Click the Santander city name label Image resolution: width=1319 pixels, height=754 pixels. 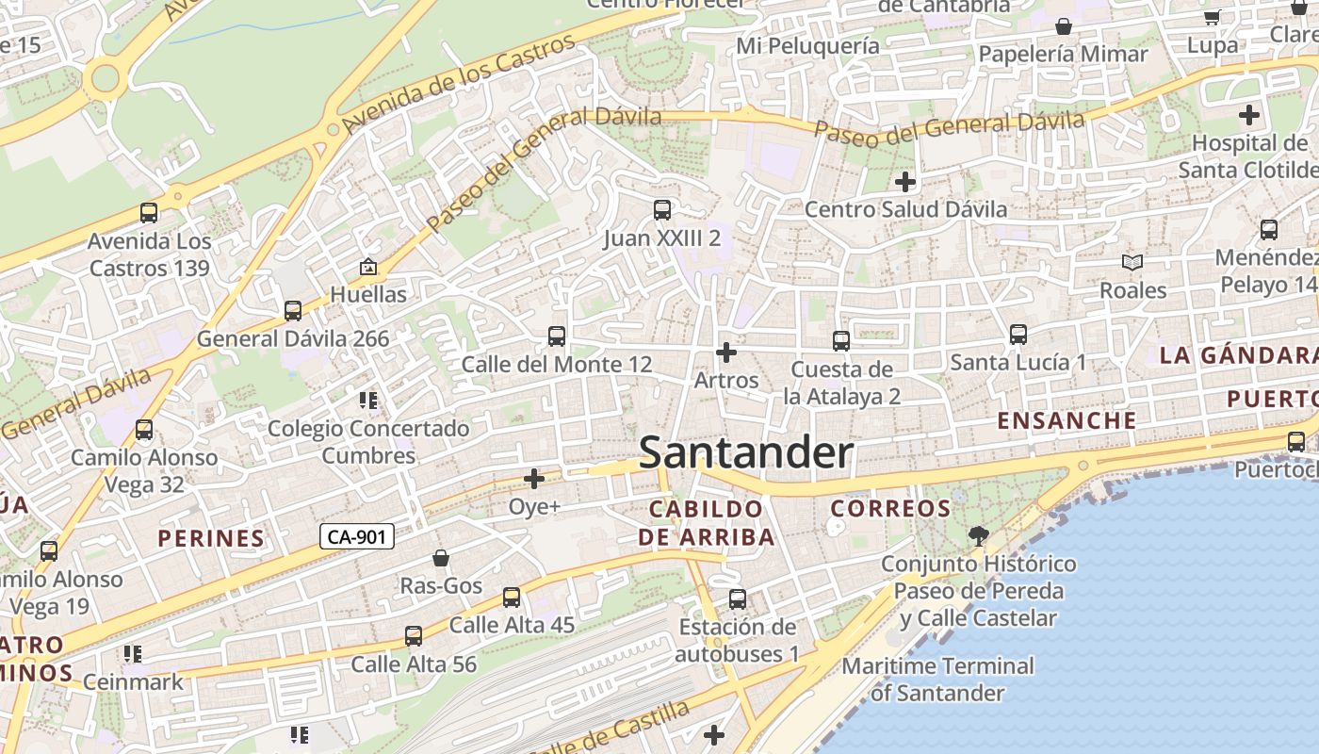tap(746, 453)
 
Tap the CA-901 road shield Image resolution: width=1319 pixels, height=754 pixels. tap(357, 537)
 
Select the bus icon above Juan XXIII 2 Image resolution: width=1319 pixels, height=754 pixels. tap(662, 210)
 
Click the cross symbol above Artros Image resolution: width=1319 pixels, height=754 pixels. tap(725, 352)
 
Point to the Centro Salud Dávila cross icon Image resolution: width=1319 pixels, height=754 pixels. tap(905, 181)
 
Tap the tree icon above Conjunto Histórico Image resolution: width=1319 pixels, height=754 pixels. tap(979, 536)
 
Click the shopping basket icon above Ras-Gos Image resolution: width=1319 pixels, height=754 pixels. tap(440, 559)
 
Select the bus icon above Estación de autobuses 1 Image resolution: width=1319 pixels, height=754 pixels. tap(738, 599)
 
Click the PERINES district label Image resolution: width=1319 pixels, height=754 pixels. tap(211, 539)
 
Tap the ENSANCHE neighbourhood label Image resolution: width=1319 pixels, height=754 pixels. tap(1067, 420)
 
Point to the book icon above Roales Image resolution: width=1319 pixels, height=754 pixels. tap(1132, 263)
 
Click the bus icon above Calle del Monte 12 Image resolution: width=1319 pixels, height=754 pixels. tap(557, 336)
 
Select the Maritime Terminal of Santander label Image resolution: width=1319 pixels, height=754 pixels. tap(937, 680)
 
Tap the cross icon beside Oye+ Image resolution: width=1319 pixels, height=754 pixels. tap(534, 479)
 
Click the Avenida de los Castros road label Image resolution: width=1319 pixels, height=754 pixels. tap(459, 84)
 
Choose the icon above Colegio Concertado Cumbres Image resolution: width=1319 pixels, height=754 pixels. tap(368, 402)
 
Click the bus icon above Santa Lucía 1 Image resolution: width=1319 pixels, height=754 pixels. tap(1018, 335)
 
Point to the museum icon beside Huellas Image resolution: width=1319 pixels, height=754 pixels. tap(368, 268)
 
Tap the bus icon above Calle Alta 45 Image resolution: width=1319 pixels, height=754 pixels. tap(512, 598)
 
